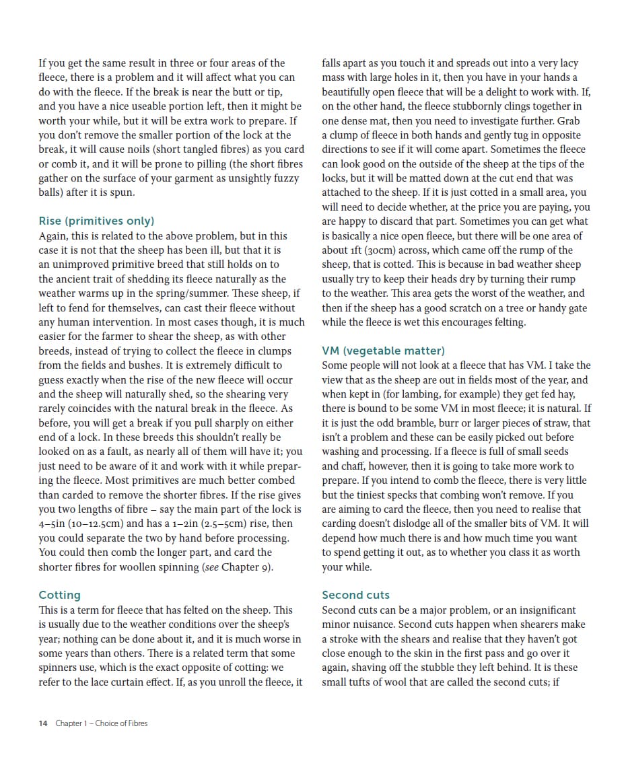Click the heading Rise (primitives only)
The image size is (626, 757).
pyautogui.click(x=96, y=221)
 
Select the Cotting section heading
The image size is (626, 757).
pyautogui.click(x=59, y=595)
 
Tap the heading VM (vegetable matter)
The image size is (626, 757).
pyautogui.click(x=383, y=351)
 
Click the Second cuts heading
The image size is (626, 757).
pyautogui.click(x=355, y=595)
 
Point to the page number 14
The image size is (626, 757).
pyautogui.click(x=43, y=723)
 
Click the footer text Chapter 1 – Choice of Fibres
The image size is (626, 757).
pyautogui.click(x=101, y=723)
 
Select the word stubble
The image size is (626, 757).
pyautogui.click(x=422, y=668)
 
